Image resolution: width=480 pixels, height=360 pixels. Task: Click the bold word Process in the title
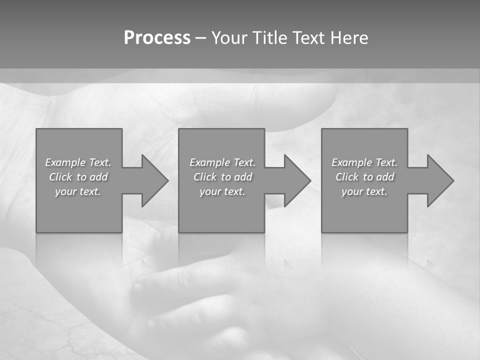pyautogui.click(x=157, y=38)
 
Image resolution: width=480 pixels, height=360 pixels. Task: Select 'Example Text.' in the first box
pyautogui.click(x=78, y=162)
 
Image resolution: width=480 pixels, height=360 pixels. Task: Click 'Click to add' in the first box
pyautogui.click(x=78, y=177)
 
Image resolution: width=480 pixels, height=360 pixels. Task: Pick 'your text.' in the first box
pyautogui.click(x=78, y=191)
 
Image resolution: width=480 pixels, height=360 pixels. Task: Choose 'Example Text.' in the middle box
pyautogui.click(x=222, y=162)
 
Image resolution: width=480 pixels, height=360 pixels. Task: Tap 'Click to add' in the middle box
pyautogui.click(x=222, y=177)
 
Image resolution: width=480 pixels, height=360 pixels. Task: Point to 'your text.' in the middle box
pyautogui.click(x=222, y=191)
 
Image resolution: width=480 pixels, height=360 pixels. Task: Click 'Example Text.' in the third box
pyautogui.click(x=364, y=162)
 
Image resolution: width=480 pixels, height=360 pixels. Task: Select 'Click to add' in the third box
pyautogui.click(x=364, y=177)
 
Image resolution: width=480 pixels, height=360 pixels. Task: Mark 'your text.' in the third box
pyautogui.click(x=364, y=191)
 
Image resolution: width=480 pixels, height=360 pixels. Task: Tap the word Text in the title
pyautogui.click(x=307, y=38)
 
